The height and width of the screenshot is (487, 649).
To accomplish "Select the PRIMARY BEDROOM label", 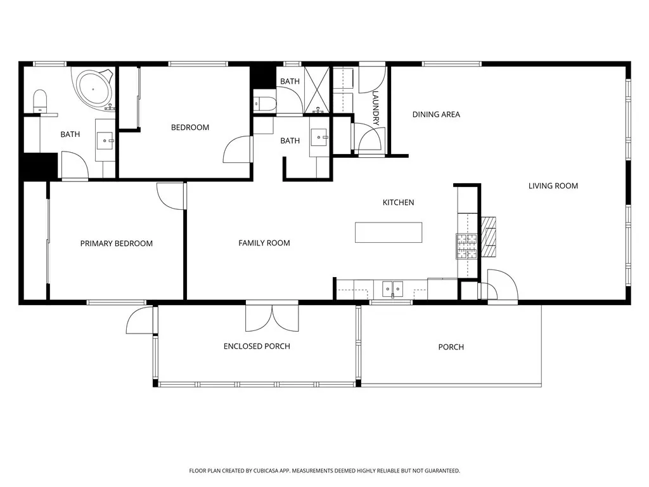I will click(116, 243).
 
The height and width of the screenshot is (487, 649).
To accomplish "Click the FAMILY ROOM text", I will click(264, 243).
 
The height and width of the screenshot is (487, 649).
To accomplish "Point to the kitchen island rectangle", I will click(389, 232).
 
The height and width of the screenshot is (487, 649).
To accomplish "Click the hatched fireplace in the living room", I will click(488, 235).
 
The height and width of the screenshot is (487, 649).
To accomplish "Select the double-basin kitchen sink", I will click(393, 289).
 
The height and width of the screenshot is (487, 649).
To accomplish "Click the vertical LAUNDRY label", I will click(375, 108).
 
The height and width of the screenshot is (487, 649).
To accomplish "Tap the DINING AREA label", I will click(436, 115).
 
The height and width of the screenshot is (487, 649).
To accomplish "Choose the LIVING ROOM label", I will click(553, 186).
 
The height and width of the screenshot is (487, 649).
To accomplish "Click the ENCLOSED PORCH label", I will click(257, 346).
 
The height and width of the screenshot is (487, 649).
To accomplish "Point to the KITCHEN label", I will click(398, 202).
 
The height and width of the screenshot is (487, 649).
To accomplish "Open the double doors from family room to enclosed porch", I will click(272, 317).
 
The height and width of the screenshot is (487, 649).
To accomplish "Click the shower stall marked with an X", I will click(316, 89).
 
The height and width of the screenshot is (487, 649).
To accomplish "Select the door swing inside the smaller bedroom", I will click(238, 150).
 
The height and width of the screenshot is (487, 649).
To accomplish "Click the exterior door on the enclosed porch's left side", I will click(140, 321).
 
